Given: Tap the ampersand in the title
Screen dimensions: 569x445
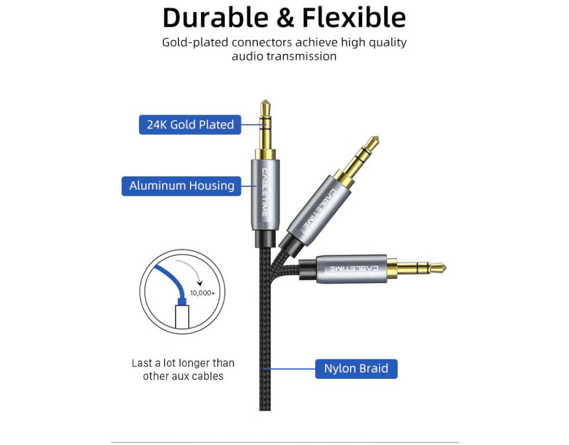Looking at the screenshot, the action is point(285,18).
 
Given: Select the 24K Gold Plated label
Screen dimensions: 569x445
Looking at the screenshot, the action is point(190,125).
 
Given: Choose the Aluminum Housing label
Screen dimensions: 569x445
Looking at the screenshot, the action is point(182,186).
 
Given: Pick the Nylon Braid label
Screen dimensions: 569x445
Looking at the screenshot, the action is point(356,369).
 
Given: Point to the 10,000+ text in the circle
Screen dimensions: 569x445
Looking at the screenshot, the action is point(202,293).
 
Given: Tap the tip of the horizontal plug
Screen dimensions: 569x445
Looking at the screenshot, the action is point(446,269).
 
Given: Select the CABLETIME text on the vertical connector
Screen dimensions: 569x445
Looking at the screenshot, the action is point(264,192).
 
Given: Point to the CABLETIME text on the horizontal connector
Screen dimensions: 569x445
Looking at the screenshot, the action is point(354,269).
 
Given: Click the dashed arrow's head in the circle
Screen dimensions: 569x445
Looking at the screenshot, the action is point(199,283).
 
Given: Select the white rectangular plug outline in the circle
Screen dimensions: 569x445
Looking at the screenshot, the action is point(182,317).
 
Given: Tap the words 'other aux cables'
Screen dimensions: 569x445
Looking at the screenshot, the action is point(183,376).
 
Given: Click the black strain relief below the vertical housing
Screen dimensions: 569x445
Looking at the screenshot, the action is point(265,239).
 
